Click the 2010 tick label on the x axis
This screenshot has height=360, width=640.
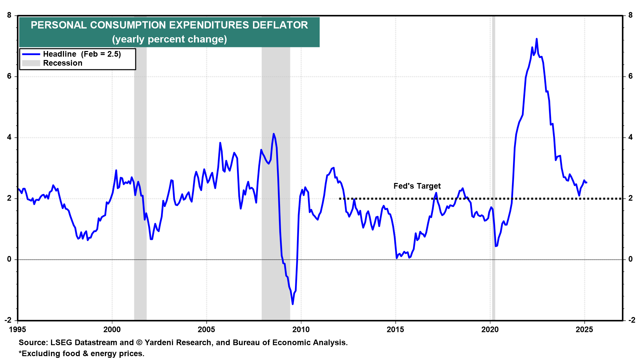tap(301, 330)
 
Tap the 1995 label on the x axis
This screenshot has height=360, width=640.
tap(17, 330)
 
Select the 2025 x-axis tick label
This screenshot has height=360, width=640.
tap(584, 330)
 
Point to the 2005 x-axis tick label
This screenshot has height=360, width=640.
tap(206, 330)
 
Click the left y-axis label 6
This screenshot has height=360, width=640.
tap(9, 76)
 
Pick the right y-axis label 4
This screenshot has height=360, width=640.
tap(630, 137)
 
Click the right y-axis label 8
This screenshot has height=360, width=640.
tap(630, 15)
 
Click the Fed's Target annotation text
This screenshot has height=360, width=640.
tap(417, 186)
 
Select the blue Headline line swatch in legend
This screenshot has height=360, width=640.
tap(31, 54)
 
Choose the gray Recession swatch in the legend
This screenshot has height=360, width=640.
tap(31, 63)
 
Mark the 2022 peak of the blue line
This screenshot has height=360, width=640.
tap(537, 39)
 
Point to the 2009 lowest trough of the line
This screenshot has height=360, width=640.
tap(293, 304)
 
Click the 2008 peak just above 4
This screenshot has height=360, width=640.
tap(274, 134)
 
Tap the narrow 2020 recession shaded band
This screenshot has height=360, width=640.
tap(493, 167)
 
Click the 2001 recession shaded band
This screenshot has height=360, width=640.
tap(140, 167)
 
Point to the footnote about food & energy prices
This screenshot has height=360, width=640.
tap(82, 354)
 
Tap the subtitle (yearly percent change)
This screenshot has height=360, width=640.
tap(169, 39)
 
